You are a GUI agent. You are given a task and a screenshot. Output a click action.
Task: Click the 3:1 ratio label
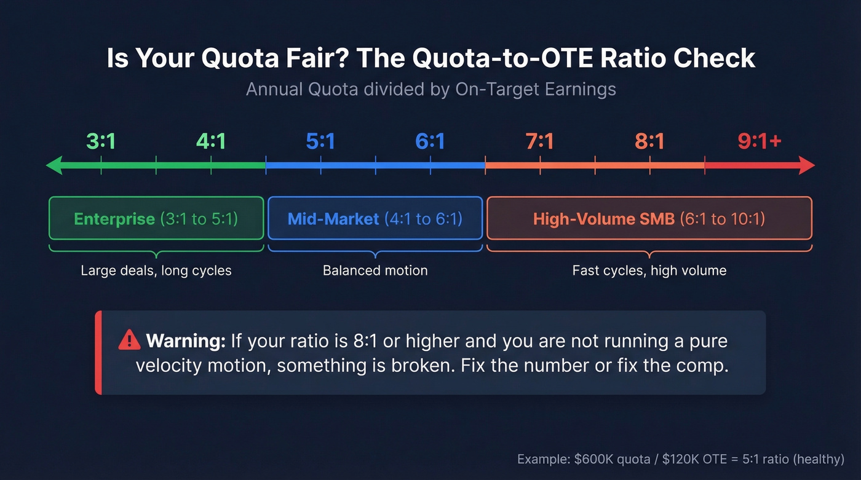(x=101, y=142)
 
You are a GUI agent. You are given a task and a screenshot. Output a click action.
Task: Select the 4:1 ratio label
(x=211, y=142)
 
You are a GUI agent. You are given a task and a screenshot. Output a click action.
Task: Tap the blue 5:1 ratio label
(x=320, y=142)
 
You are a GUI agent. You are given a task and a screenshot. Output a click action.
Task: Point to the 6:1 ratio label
(x=430, y=142)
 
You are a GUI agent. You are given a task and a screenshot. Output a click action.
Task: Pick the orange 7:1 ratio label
(x=539, y=142)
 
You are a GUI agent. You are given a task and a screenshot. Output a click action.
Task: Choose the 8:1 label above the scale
(x=649, y=142)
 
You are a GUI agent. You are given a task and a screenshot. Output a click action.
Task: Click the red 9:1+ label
(x=760, y=142)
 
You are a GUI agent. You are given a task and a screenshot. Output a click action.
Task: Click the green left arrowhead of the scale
(x=54, y=165)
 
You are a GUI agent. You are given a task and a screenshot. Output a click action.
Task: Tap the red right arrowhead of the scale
(x=806, y=165)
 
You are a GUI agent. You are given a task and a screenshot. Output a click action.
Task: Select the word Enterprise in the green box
(x=114, y=219)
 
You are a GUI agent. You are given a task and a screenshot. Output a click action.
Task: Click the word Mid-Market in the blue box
(x=333, y=219)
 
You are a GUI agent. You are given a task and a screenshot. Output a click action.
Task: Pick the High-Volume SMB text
(x=604, y=219)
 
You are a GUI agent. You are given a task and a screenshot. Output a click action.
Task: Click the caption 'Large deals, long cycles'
(x=156, y=270)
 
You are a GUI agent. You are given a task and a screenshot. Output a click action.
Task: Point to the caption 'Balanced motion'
(x=375, y=270)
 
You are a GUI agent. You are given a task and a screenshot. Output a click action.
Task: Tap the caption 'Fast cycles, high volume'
(x=649, y=270)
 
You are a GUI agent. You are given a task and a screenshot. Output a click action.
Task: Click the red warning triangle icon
(x=130, y=339)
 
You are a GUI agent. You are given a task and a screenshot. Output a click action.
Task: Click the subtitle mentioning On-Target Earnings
(x=430, y=89)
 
